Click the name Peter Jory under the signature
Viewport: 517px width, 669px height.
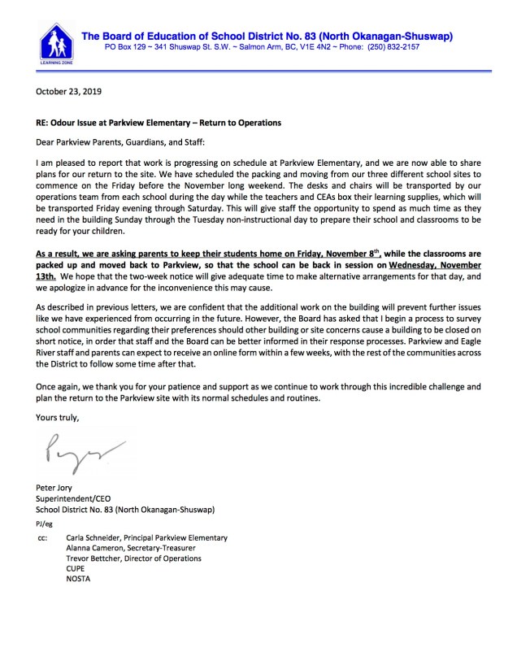tap(56, 488)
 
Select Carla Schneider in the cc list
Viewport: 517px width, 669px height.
tap(93, 538)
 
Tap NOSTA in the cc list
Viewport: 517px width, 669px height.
tap(80, 579)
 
